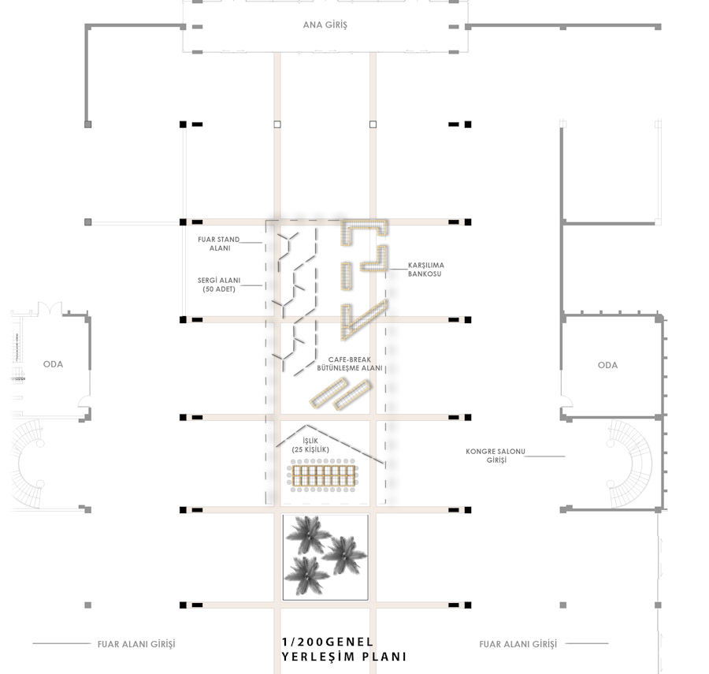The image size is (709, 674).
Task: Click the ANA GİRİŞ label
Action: click(325, 25)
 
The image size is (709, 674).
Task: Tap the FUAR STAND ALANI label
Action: click(219, 244)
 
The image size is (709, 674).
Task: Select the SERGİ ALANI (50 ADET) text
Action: click(219, 285)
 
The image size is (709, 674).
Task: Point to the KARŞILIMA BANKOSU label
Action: click(426, 269)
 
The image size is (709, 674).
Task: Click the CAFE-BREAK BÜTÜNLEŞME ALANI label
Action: click(350, 363)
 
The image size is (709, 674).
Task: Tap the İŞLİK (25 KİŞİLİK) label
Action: click(310, 445)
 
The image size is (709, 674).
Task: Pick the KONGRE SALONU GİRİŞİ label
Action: click(496, 456)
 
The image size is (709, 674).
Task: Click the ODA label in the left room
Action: click(53, 364)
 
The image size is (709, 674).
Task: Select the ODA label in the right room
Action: click(607, 365)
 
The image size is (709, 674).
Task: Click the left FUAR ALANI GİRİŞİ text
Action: click(136, 644)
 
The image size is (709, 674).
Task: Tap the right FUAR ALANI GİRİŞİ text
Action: click(518, 644)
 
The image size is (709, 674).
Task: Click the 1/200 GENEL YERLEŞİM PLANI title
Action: click(343, 649)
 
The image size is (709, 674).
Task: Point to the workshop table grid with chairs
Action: click(323, 476)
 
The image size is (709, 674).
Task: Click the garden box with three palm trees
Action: click(325, 557)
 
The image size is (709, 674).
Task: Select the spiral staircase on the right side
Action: click(631, 464)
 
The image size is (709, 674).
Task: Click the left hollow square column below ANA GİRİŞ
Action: click(277, 125)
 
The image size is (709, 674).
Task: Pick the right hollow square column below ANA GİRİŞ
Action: click(373, 125)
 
